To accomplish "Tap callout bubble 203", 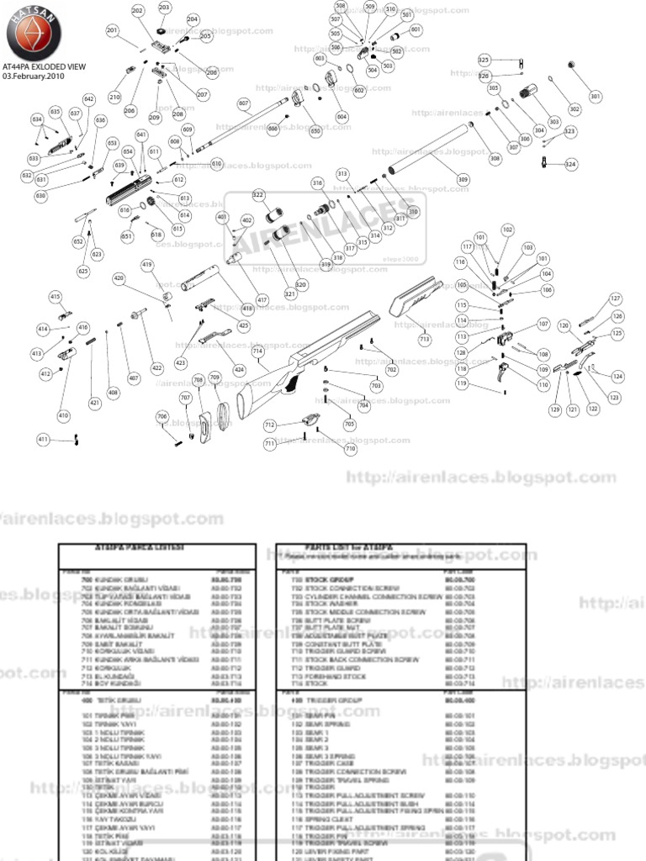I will [x=164, y=8].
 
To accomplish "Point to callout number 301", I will [x=596, y=98].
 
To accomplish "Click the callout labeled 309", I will [x=463, y=179].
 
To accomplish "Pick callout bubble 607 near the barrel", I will [x=244, y=104].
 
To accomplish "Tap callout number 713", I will [x=424, y=339].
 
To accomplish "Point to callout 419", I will [x=147, y=266].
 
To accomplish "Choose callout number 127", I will [x=616, y=298].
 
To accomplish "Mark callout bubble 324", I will [x=571, y=164].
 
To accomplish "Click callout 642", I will [x=89, y=100].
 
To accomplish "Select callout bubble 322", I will [x=258, y=195].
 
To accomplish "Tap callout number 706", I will [x=162, y=416].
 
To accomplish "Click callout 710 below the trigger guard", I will [x=350, y=449].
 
